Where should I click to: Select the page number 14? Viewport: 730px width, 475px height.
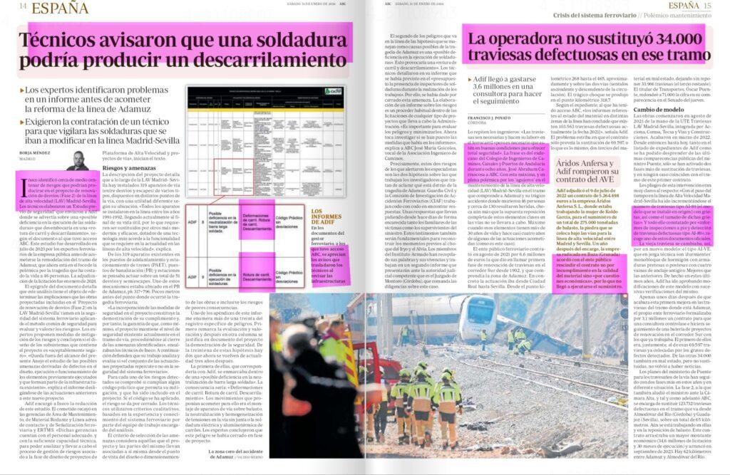(23, 7)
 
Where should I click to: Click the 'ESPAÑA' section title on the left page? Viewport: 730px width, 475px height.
(60, 8)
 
